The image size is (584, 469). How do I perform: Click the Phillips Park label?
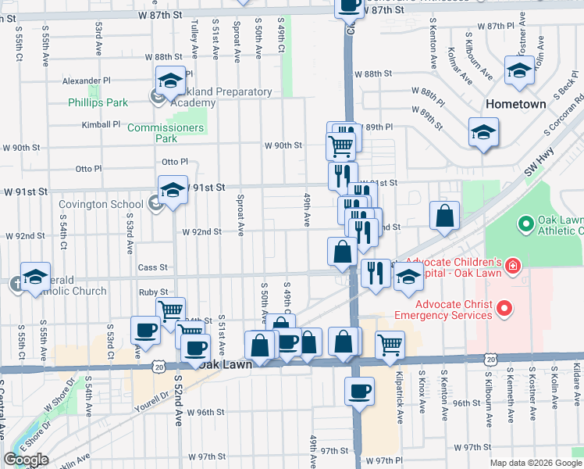tap(98, 102)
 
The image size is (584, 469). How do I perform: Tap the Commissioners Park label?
tap(165, 133)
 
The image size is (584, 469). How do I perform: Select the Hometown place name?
tap(515, 104)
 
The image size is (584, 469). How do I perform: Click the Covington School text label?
tap(101, 205)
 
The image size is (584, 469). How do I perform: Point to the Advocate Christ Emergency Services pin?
tap(504, 310)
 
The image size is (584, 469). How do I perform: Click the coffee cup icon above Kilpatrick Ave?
tap(359, 392)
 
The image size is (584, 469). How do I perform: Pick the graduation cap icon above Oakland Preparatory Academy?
tap(169, 81)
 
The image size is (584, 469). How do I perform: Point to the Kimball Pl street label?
tap(101, 124)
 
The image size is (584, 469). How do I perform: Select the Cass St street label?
tap(152, 267)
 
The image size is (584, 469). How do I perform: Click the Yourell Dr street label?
tap(153, 399)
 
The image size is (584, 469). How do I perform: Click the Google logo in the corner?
tap(26, 460)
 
